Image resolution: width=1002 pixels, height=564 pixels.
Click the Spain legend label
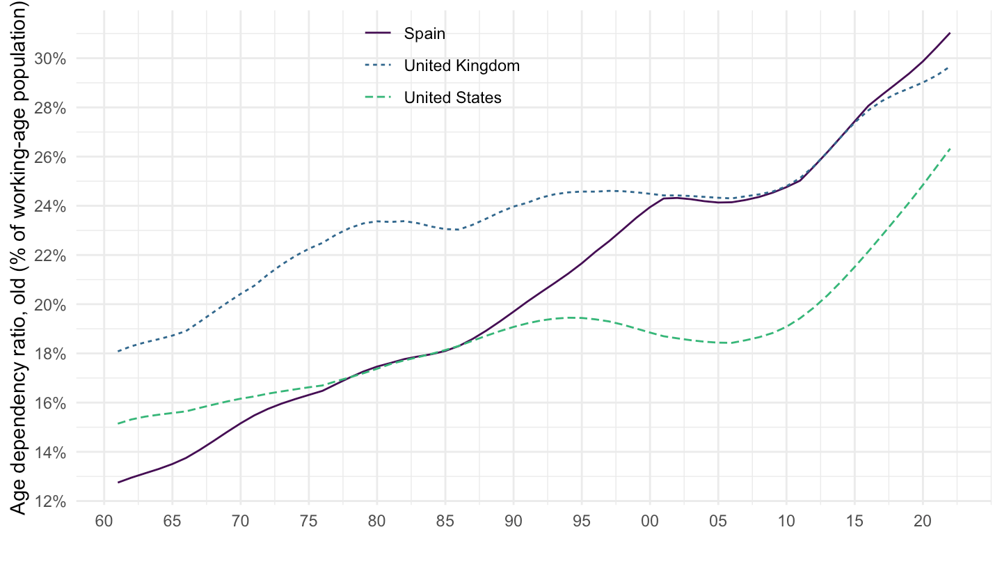(x=424, y=33)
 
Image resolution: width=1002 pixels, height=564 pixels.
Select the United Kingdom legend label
(x=462, y=65)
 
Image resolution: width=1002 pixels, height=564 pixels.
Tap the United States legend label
(x=452, y=97)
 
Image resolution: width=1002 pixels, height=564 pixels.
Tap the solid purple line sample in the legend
(x=379, y=33)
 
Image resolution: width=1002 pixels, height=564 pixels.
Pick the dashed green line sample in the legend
(x=379, y=97)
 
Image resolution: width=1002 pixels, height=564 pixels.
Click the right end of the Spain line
(x=950, y=33)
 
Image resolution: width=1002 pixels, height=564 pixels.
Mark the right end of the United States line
(x=950, y=148)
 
